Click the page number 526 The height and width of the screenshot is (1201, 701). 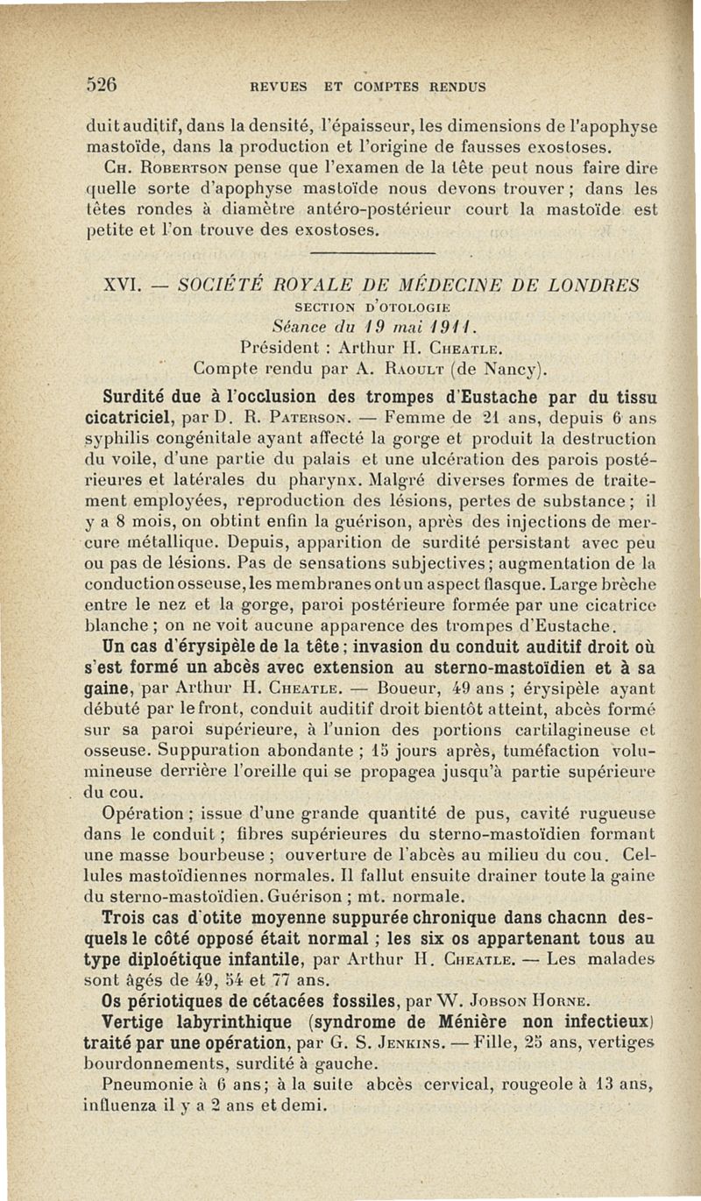tap(103, 86)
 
